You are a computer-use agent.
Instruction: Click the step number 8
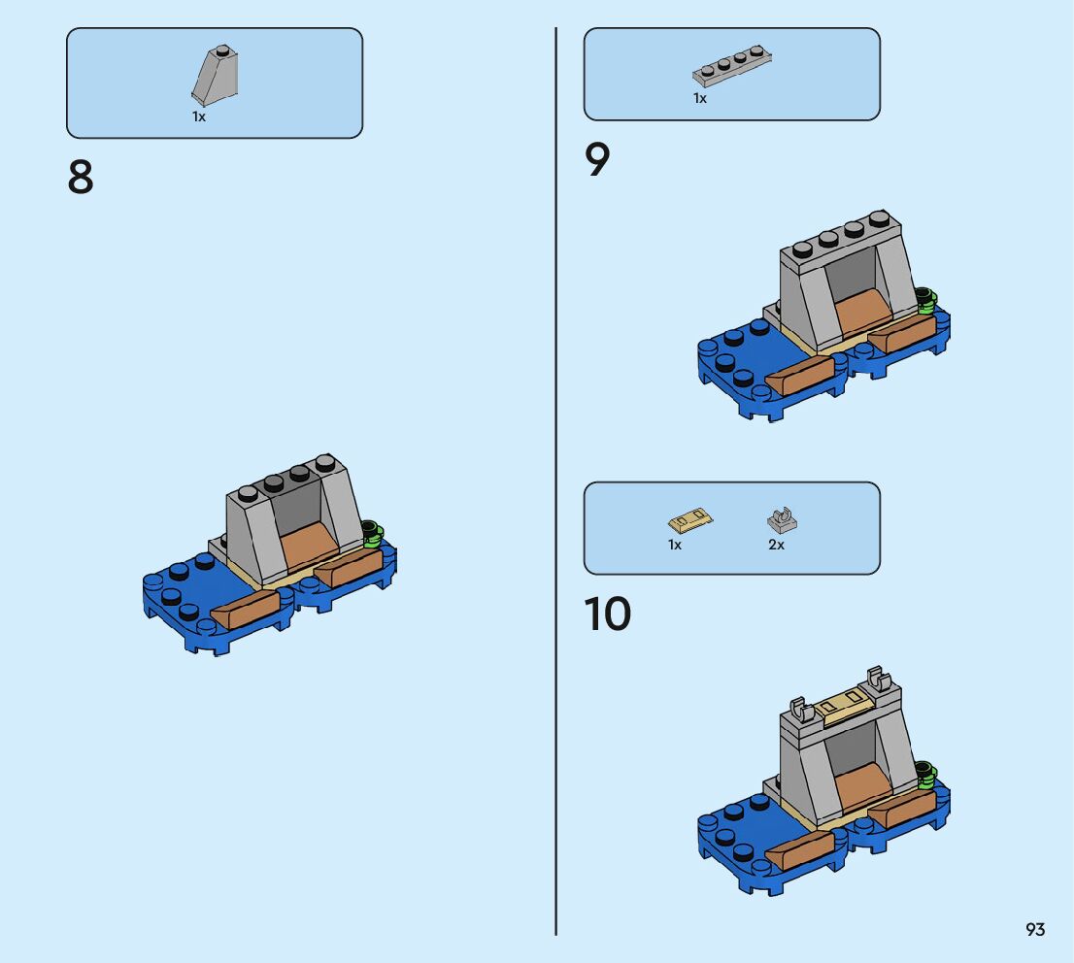(81, 178)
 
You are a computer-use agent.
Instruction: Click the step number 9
(596, 159)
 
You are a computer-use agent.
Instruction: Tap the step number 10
(608, 614)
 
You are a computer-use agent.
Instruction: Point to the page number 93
(1035, 929)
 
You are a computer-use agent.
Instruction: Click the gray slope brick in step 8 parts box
(215, 75)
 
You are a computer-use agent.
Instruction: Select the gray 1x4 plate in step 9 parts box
(732, 66)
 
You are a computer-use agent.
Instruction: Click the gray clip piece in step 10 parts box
(783, 520)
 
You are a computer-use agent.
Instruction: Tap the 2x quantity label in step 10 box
(776, 545)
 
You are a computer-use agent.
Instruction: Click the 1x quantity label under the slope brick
(199, 117)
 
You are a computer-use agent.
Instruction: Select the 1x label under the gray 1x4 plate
(699, 99)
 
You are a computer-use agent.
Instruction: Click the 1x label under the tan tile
(675, 545)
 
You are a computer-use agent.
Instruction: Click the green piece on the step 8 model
(372, 534)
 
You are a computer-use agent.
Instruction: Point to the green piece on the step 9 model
(926, 301)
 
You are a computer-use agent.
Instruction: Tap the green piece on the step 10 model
(926, 774)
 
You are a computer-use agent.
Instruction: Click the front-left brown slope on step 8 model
(246, 609)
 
